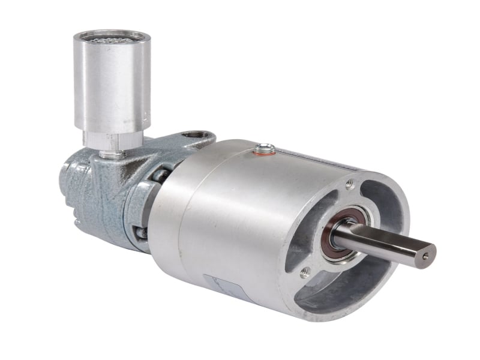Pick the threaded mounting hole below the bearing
tap(304, 273)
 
